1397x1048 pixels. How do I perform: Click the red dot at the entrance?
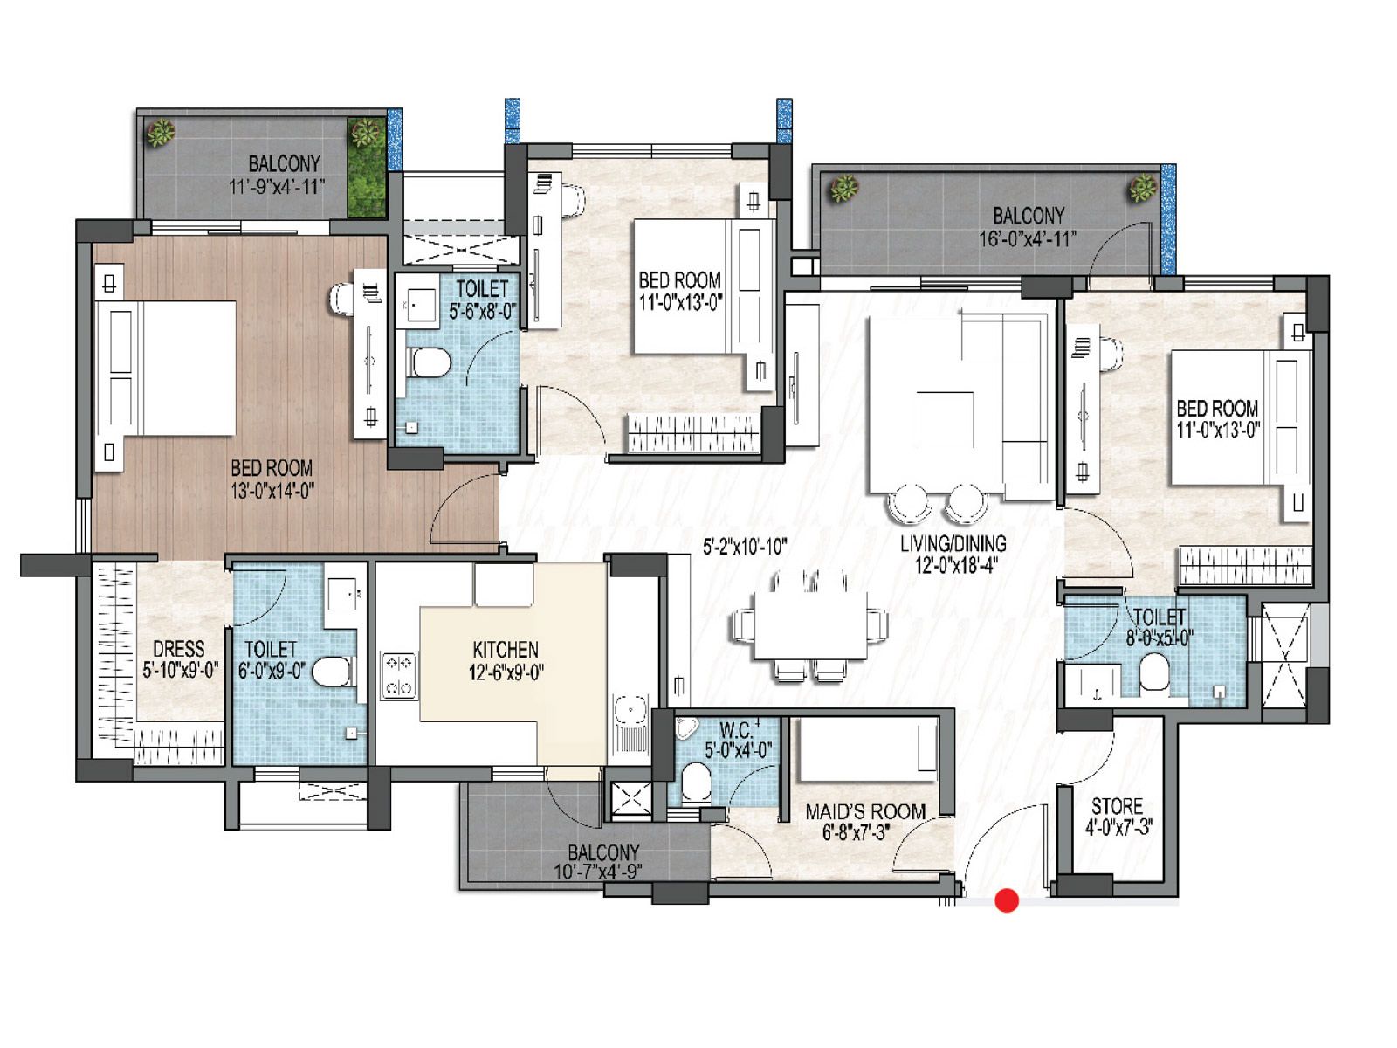[x=1007, y=900]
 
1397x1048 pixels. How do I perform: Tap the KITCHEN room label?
[x=505, y=650]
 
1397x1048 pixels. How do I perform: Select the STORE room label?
[x=1117, y=806]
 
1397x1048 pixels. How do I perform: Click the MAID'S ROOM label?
[x=864, y=811]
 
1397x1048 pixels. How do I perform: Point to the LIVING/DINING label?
[x=953, y=543]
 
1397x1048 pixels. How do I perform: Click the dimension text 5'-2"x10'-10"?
[x=745, y=547]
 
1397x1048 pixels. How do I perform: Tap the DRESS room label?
[x=178, y=649]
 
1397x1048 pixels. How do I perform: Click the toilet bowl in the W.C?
[x=697, y=780]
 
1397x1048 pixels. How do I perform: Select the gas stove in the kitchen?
[x=398, y=675]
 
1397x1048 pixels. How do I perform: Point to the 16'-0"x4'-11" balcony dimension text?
[x=1027, y=238]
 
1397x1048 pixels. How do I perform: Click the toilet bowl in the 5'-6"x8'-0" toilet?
[x=429, y=362]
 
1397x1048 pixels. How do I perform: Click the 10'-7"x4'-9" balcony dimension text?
[x=603, y=872]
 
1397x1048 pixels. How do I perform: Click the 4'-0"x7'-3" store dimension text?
[x=1118, y=827]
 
